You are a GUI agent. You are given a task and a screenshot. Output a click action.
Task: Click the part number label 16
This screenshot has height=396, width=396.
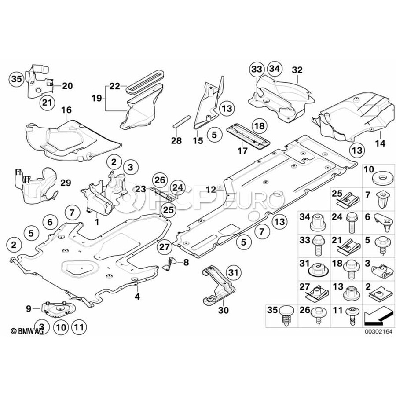66,110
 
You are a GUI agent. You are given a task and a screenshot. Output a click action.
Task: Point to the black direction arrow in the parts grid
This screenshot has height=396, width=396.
377,314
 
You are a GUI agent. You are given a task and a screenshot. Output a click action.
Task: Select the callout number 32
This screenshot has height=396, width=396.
297,70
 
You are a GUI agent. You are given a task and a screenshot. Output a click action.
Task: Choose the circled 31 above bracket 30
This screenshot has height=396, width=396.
234,273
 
